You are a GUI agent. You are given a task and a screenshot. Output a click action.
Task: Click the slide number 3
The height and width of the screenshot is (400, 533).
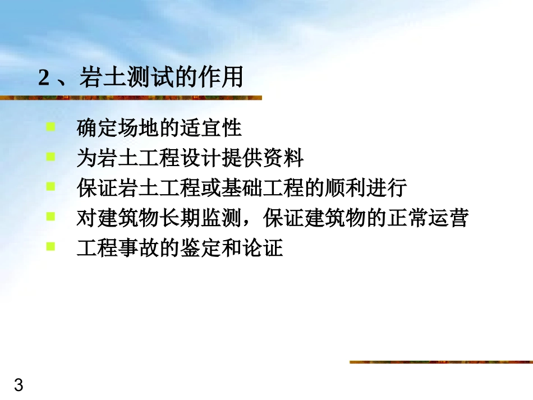point(19,385)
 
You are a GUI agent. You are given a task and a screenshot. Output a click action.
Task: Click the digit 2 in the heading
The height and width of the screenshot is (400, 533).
point(44,77)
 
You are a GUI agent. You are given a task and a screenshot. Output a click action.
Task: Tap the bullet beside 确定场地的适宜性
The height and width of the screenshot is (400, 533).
point(51,127)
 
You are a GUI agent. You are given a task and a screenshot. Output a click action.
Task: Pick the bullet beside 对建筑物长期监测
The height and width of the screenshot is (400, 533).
point(51,216)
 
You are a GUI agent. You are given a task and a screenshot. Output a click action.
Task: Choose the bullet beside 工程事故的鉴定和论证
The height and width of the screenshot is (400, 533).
point(51,246)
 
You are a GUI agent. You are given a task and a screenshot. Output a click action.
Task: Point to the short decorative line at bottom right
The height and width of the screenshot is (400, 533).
point(440,362)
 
